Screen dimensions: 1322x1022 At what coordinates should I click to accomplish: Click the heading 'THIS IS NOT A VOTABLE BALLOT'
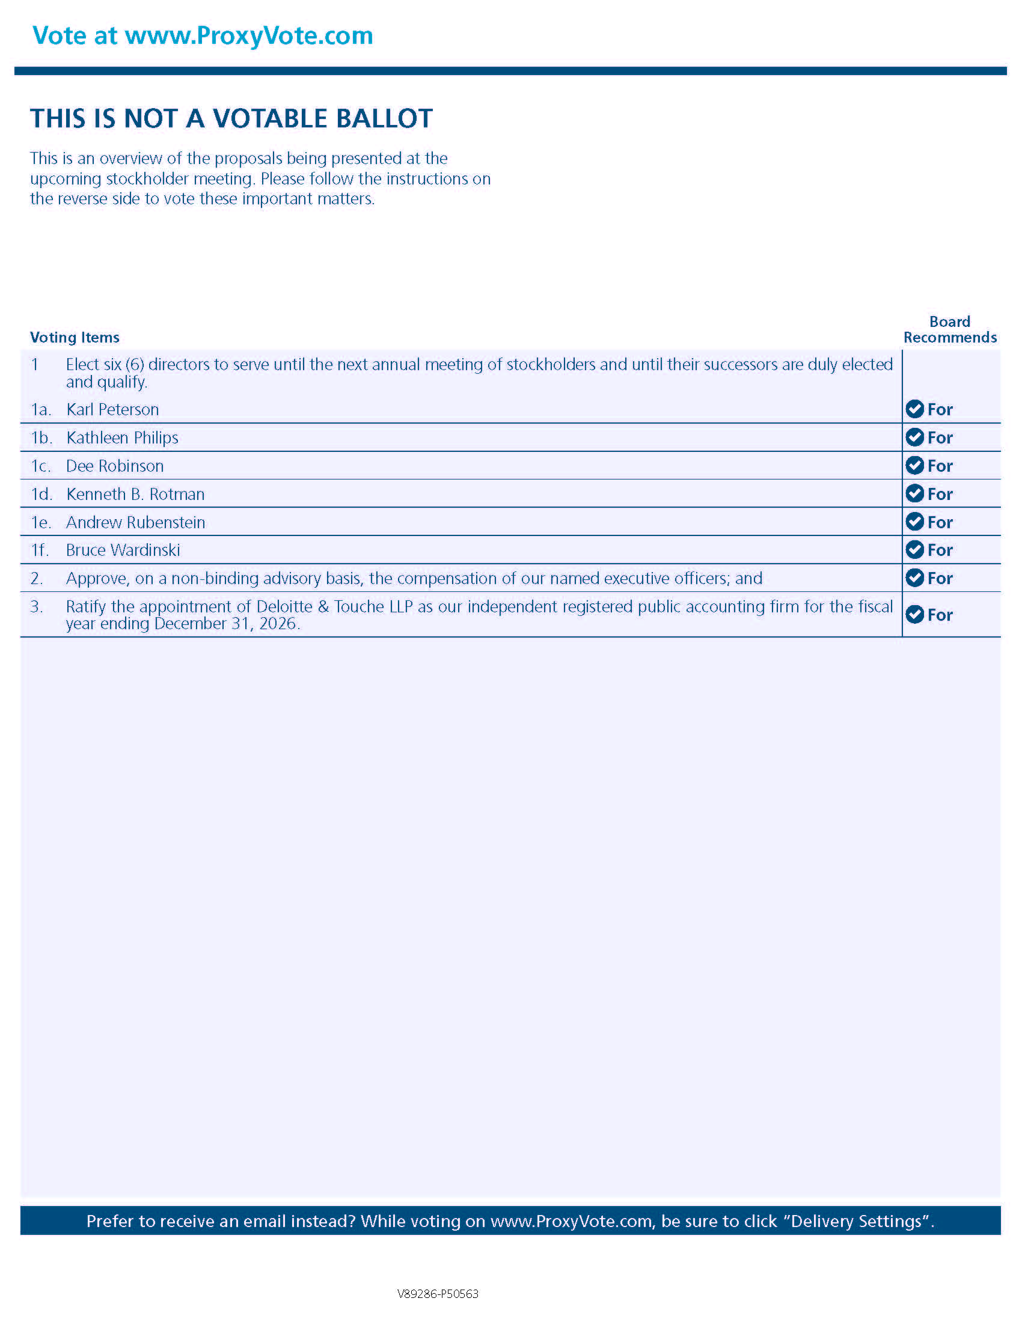pos(231,118)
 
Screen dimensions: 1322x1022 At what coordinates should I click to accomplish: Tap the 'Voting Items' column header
pos(75,337)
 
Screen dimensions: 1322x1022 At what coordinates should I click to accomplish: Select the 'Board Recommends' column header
pos(949,330)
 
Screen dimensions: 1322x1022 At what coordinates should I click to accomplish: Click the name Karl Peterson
pos(112,410)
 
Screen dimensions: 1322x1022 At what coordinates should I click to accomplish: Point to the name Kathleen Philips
pos(122,437)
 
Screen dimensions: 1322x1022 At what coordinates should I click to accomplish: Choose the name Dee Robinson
pos(115,466)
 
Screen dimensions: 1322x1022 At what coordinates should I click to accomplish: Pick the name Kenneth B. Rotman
pos(136,495)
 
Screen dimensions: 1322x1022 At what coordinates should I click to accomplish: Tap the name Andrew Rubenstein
pos(136,522)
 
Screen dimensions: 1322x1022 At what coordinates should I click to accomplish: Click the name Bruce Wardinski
pos(123,550)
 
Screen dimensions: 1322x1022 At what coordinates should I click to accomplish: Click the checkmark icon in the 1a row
pos(914,409)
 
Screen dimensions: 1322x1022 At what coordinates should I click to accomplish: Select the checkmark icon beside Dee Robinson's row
pos(914,466)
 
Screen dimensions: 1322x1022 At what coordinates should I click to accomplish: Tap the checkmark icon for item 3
pos(914,614)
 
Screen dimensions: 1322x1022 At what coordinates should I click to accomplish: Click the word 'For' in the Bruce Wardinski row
pos(940,550)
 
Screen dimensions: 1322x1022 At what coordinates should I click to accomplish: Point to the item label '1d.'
pos(41,495)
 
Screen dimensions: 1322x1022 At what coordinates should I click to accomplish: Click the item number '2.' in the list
pos(37,579)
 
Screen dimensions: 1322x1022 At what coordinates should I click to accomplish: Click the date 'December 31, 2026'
pos(225,624)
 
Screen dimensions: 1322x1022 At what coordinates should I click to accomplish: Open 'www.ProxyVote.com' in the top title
pos(249,35)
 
